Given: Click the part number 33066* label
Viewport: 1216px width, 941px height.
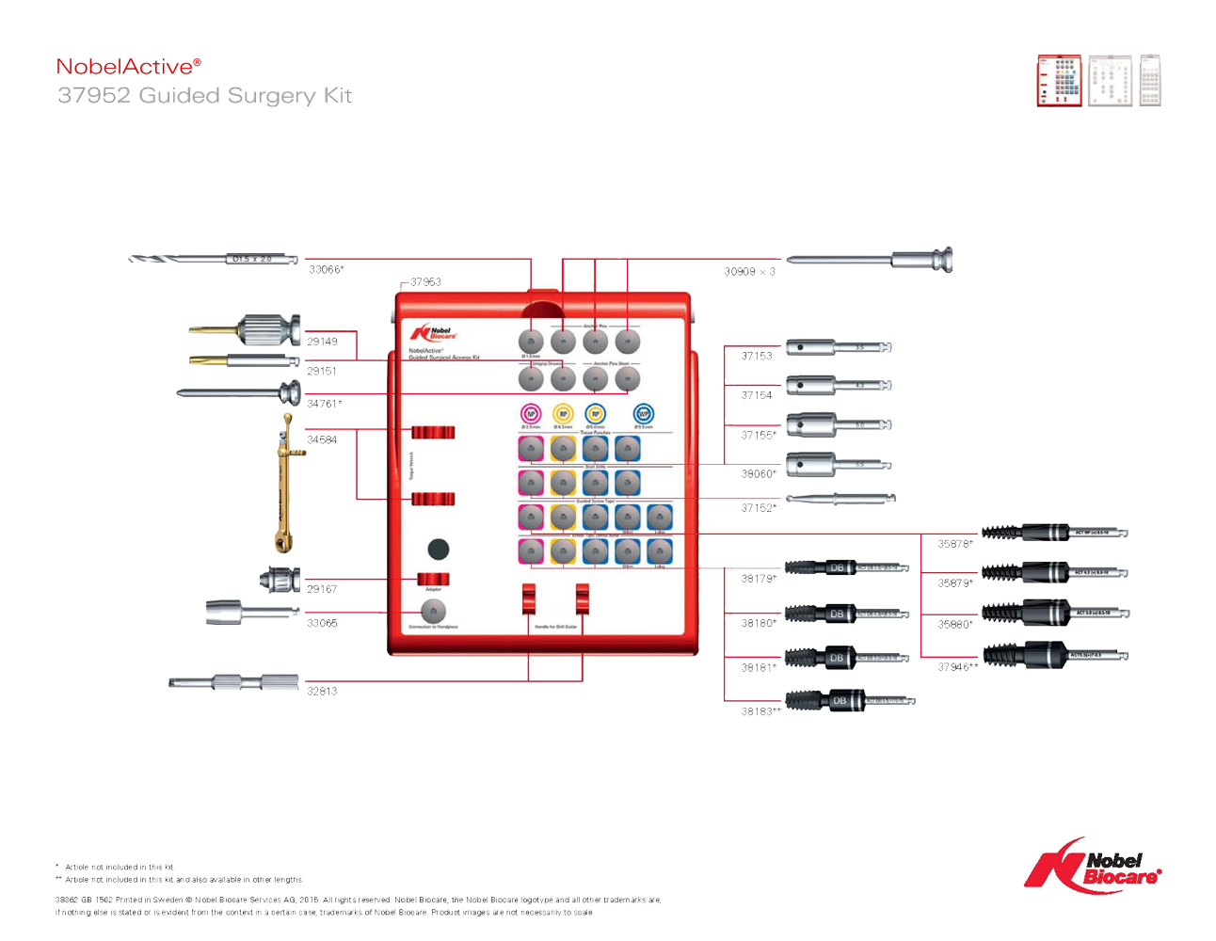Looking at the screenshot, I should click(327, 270).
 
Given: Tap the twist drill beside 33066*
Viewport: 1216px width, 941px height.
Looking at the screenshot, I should click(214, 259).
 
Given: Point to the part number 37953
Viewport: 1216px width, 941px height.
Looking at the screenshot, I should click(425, 281).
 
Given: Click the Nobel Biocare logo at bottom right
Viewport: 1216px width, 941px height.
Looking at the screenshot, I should click(1093, 865).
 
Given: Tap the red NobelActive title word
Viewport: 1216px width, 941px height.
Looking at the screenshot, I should click(128, 66).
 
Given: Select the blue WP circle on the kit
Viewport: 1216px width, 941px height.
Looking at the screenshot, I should click(643, 413).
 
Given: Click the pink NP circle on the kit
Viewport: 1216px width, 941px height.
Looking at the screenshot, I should click(531, 413).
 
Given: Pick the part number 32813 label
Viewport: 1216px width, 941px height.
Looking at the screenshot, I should click(322, 691).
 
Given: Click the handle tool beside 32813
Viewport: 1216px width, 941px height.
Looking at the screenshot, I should click(234, 682).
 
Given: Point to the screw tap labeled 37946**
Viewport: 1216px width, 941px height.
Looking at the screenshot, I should click(1054, 655).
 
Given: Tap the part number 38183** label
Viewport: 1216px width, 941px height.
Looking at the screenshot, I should click(760, 711).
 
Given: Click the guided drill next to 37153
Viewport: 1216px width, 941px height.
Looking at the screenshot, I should click(838, 347).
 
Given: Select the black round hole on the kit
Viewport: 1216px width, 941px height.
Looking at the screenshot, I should click(438, 549).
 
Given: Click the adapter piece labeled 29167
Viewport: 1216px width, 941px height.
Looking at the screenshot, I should click(280, 580).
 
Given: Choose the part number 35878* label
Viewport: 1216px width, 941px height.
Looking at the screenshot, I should click(955, 544).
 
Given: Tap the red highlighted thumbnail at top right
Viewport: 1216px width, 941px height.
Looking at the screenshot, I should click(1059, 80).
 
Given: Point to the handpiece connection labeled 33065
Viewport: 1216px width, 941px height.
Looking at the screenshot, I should click(250, 613).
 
